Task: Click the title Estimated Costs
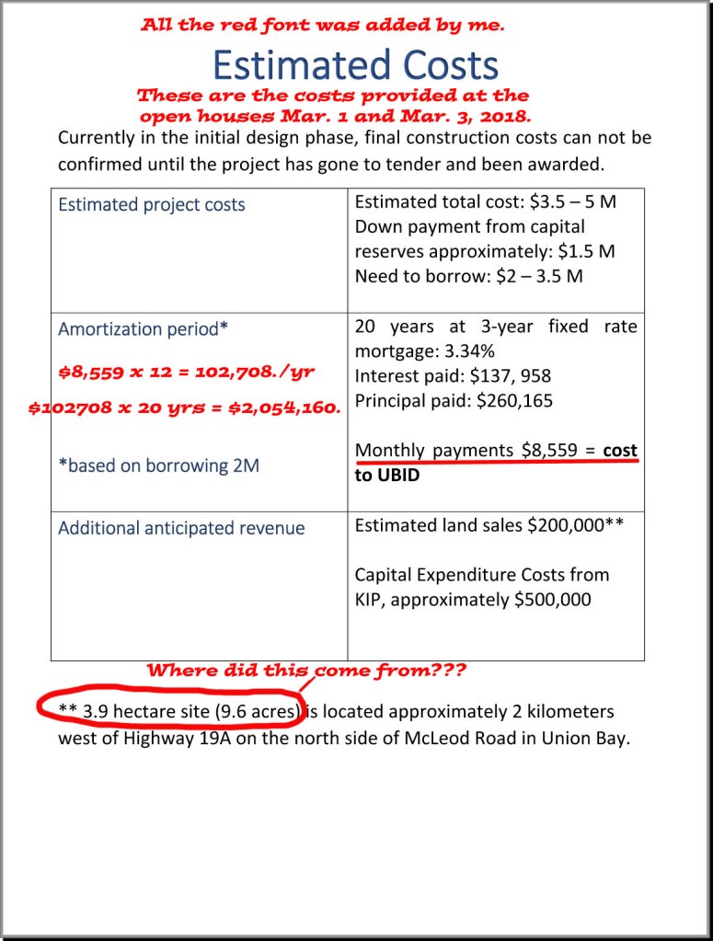pyautogui.click(x=355, y=65)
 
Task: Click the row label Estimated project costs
pyautogui.click(x=152, y=204)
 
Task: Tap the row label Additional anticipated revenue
pyautogui.click(x=181, y=528)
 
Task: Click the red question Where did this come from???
pyautogui.click(x=306, y=671)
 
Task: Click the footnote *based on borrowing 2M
pyautogui.click(x=158, y=465)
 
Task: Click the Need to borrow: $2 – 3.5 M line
pyautogui.click(x=468, y=276)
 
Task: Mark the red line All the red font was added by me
pyautogui.click(x=322, y=26)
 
